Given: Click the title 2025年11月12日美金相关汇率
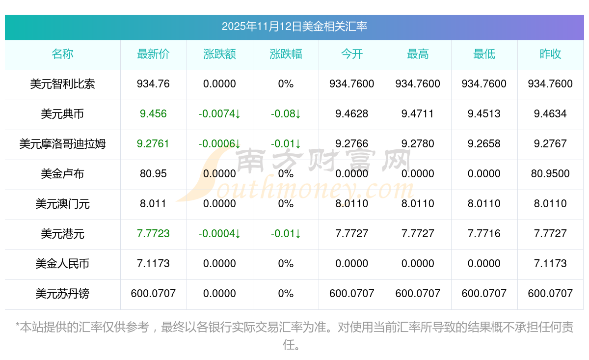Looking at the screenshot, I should [x=294, y=27].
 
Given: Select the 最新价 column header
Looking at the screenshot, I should [x=153, y=55].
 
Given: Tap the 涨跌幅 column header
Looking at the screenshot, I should [x=286, y=55].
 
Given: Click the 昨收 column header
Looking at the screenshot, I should [x=550, y=55].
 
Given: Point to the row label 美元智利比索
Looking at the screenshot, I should [x=62, y=84].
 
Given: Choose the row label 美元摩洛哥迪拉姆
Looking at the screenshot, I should [x=62, y=144].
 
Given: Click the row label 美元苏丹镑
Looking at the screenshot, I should [x=62, y=294].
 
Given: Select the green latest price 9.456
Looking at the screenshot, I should [x=153, y=114].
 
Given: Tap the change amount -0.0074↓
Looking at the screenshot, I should [x=219, y=114].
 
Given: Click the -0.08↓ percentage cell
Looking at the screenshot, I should [x=286, y=114].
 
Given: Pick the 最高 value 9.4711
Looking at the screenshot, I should [x=418, y=114].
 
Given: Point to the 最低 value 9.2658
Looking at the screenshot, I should [x=484, y=144].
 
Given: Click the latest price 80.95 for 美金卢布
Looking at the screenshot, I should [x=153, y=174].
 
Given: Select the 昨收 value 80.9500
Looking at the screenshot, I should [x=550, y=174].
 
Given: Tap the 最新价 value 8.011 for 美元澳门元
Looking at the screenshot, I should [x=153, y=204].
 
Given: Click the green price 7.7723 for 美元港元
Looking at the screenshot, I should [x=153, y=234].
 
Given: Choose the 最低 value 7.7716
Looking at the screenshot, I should [x=484, y=234].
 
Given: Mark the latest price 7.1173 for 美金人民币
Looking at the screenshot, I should [x=153, y=264].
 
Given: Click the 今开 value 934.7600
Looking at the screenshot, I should [x=351, y=84].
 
